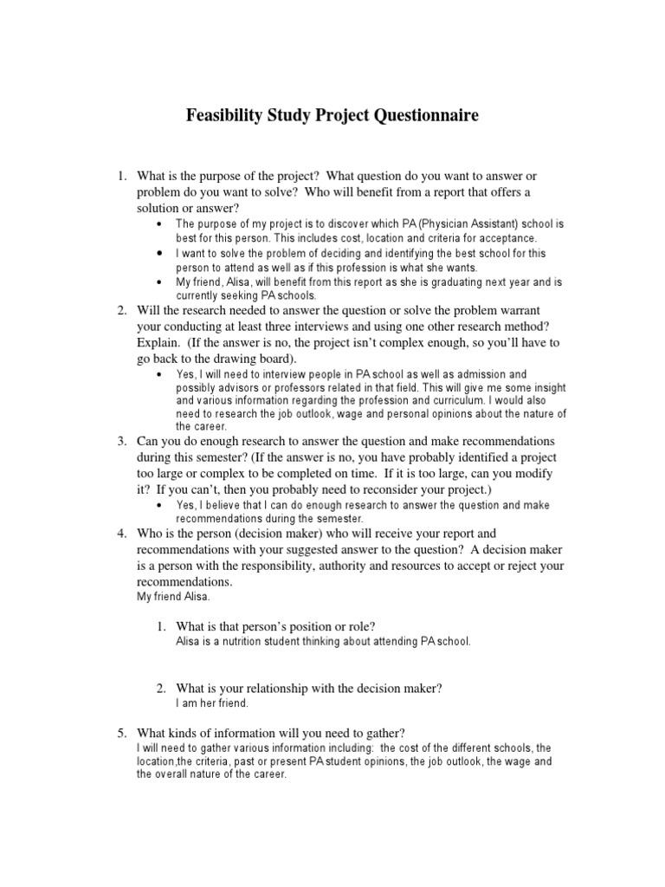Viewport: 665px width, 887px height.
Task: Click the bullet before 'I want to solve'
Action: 161,254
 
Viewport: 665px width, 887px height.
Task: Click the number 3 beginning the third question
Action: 122,442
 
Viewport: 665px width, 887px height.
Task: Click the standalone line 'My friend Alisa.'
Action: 173,597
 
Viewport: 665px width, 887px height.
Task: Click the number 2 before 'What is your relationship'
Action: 161,688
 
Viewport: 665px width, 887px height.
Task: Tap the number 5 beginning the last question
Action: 122,733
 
